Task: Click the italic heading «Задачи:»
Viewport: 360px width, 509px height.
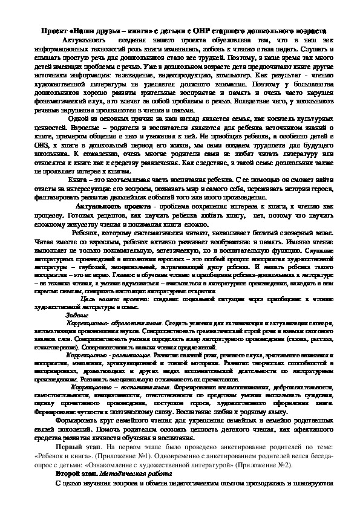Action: click(x=76, y=314)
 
